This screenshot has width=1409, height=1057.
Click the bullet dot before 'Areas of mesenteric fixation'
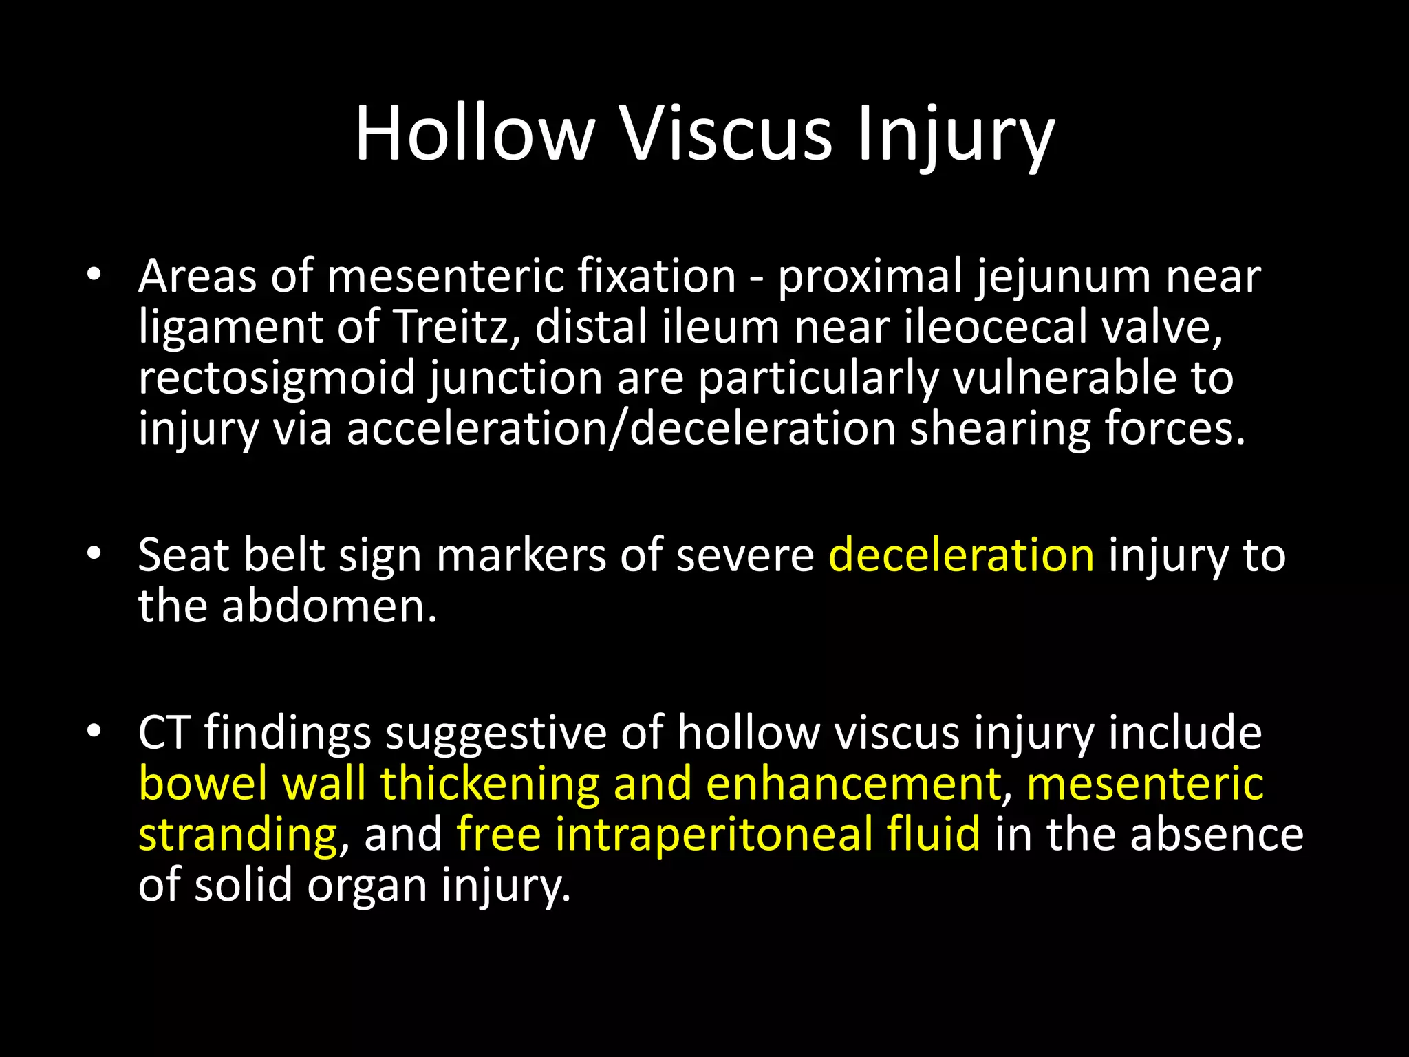(94, 275)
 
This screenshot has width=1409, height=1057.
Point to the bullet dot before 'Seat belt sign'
(94, 554)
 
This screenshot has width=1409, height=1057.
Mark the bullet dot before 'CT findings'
(94, 732)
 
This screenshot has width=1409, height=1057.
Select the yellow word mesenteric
(1145, 783)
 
